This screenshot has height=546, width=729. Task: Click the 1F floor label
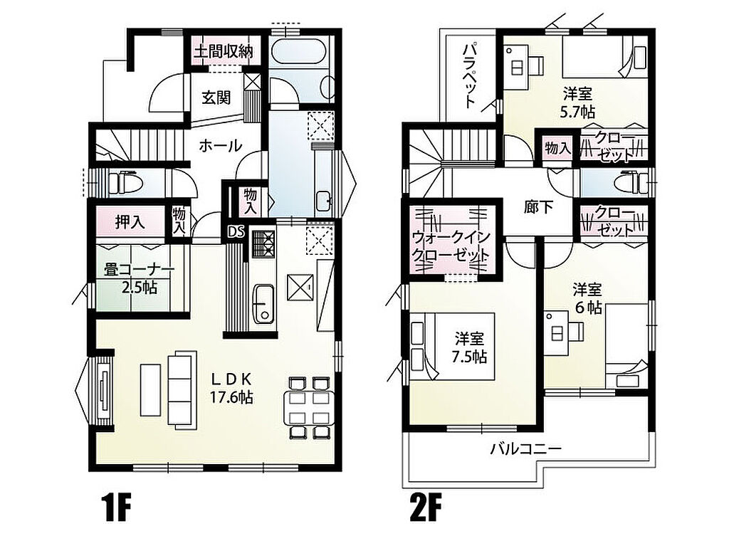116,509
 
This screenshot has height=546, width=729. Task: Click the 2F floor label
425,509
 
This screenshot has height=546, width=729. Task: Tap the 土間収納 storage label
223,51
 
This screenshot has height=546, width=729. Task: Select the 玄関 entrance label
216,98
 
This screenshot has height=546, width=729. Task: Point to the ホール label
221,145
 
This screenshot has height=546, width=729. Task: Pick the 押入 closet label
130,223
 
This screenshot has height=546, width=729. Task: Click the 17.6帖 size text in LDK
231,397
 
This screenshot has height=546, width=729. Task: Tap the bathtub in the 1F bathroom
298,52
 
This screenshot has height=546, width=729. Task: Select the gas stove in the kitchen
263,243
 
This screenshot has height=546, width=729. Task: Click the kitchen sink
263,304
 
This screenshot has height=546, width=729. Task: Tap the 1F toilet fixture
124,182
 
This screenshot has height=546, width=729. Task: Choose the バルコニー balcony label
526,448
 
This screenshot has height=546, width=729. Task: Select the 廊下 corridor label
538,207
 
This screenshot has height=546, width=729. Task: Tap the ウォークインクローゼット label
451,246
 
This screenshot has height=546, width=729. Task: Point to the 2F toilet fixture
631,182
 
